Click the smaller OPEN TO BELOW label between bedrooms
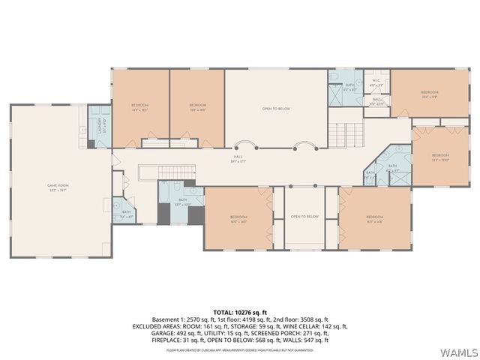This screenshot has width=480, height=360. coord(305,217)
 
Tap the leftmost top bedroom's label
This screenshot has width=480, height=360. coord(140,106)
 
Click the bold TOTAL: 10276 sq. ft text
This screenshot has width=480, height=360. coord(240,310)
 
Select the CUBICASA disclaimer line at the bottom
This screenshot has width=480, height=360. coord(240,349)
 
